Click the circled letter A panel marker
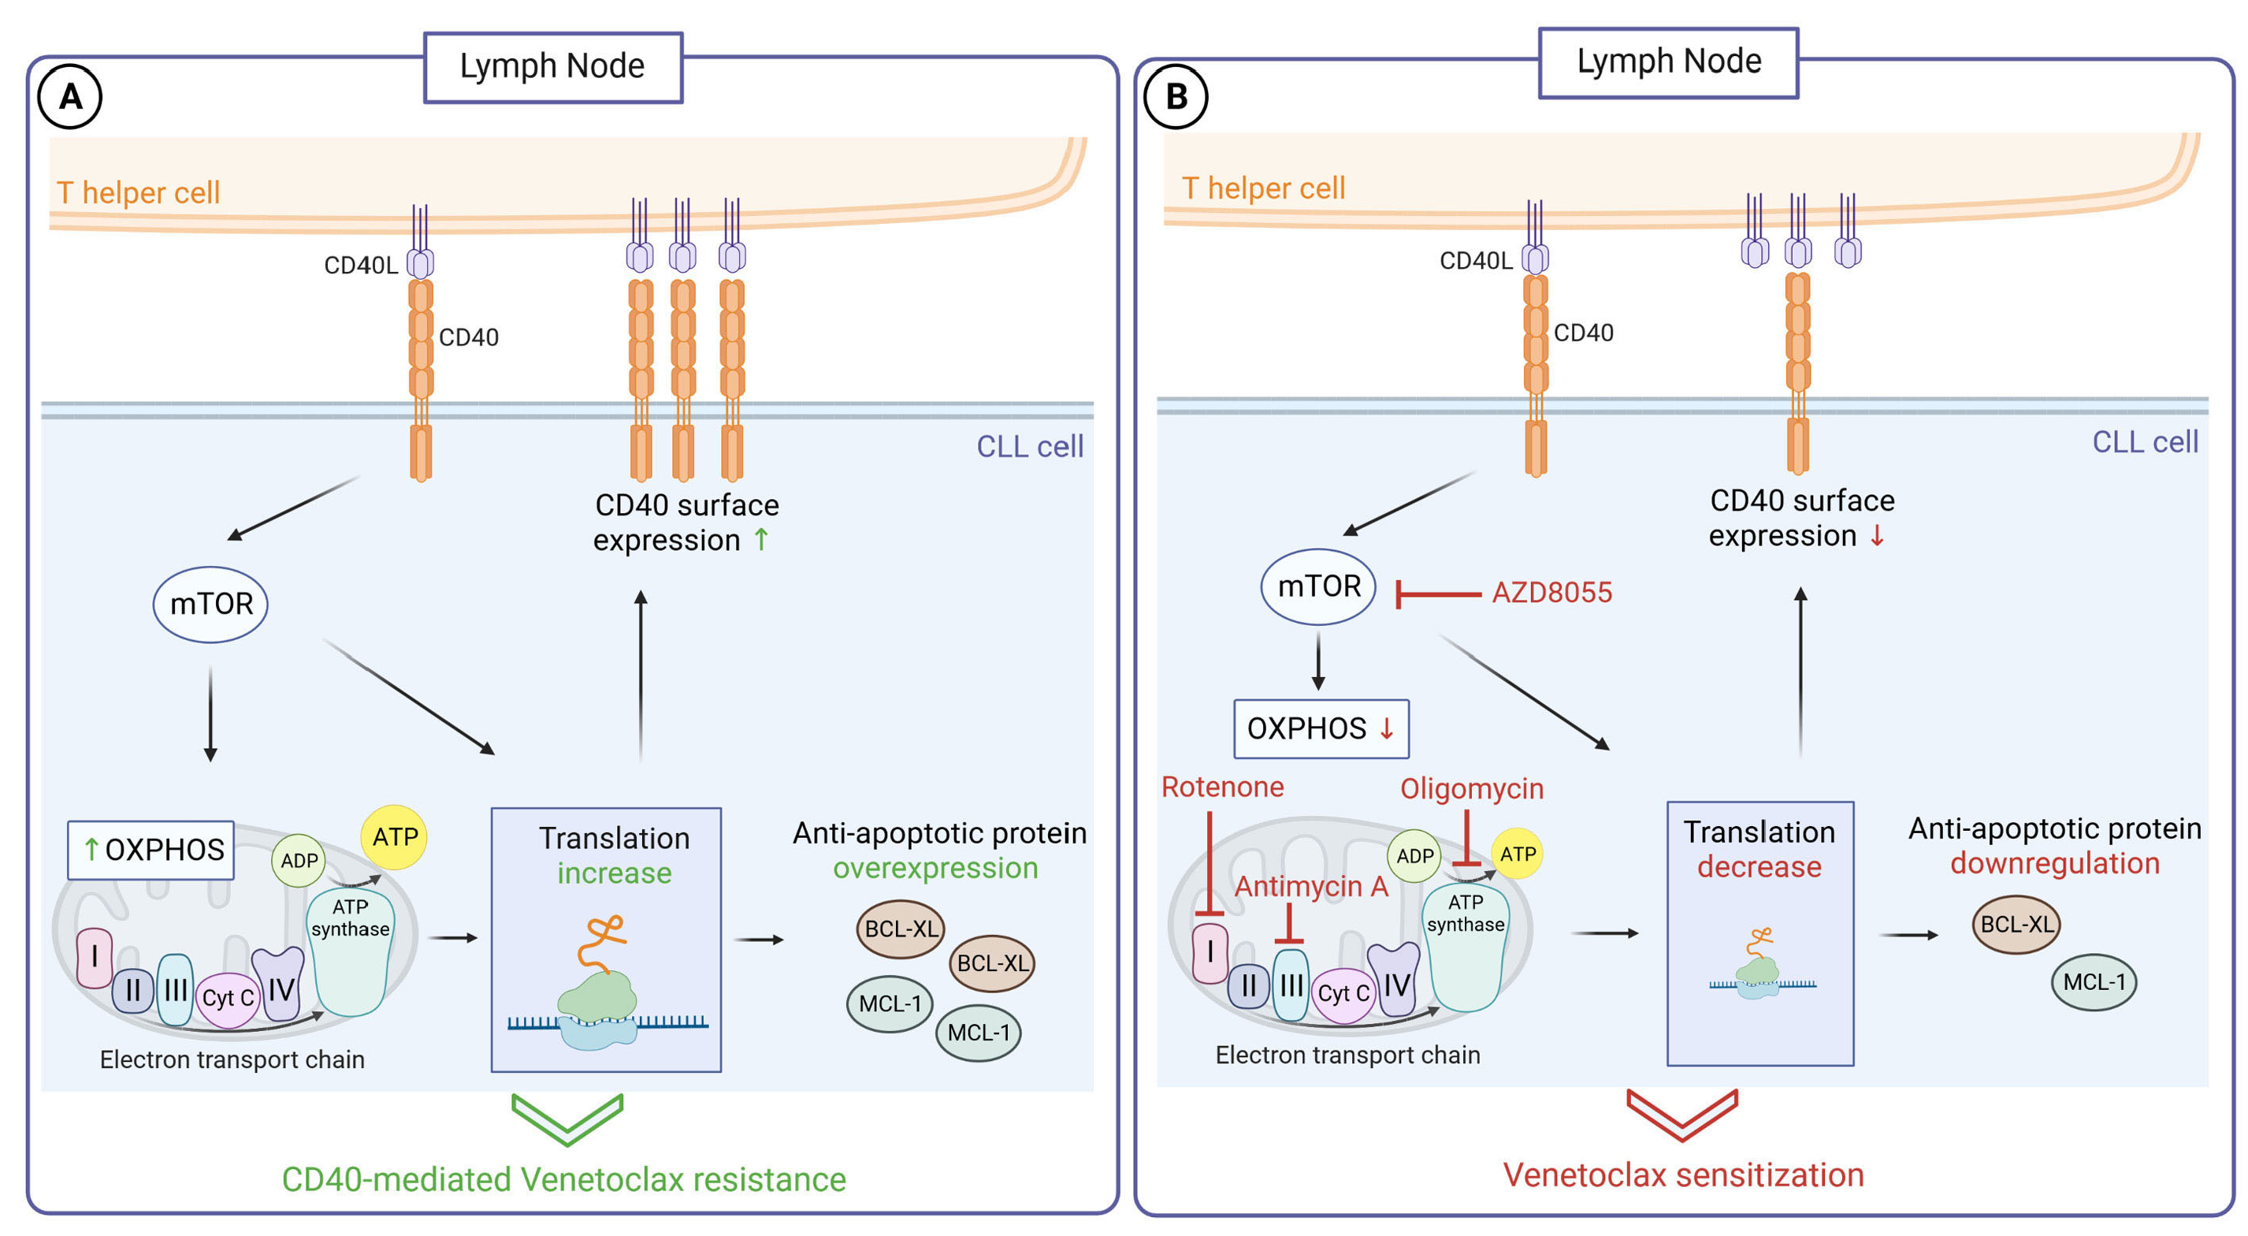70,96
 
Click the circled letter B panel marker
1176,96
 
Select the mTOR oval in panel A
210,604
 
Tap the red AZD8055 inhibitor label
1551,593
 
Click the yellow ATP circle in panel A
395,837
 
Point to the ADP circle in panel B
1414,855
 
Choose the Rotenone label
1222,787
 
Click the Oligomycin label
1471,789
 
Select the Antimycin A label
1311,887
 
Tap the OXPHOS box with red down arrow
1321,729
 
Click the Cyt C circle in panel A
228,998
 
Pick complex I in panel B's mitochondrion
1210,952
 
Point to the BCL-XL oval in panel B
2016,925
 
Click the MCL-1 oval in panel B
2094,982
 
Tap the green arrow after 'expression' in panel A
761,539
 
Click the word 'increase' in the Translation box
615,873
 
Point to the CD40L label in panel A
360,266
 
